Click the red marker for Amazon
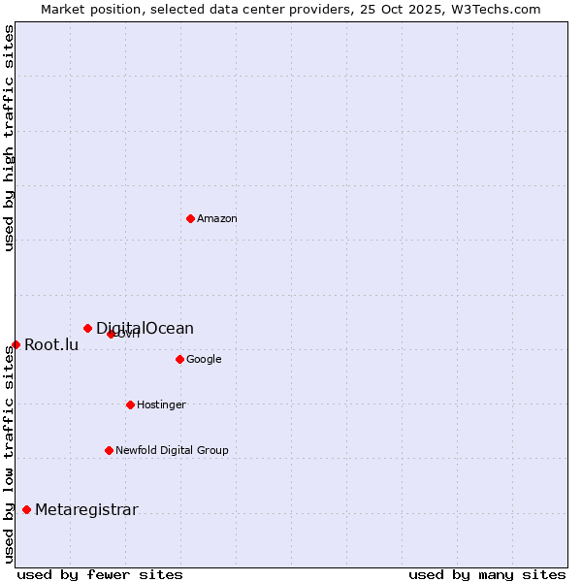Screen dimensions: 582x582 (x=190, y=218)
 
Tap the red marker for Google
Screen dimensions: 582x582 (x=179, y=359)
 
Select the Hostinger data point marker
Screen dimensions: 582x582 (x=130, y=404)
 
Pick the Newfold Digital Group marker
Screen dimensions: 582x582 (x=109, y=450)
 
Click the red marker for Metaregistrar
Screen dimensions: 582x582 (x=26, y=510)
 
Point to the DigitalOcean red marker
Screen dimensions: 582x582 (x=87, y=328)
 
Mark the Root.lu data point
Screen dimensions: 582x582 (x=16, y=344)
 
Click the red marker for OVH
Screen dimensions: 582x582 (x=111, y=334)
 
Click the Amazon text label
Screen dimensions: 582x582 (x=217, y=219)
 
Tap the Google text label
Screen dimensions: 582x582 (x=204, y=360)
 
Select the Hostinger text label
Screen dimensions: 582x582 (x=161, y=405)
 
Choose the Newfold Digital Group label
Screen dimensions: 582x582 (x=172, y=451)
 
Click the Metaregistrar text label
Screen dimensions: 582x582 (x=86, y=510)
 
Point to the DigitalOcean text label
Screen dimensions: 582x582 (x=145, y=329)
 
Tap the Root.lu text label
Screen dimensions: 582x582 (x=51, y=345)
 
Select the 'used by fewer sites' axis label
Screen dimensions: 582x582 (x=100, y=575)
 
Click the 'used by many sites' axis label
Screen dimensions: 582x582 (x=487, y=575)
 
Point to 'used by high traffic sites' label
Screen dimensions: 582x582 (x=9, y=138)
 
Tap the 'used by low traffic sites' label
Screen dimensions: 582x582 (x=9, y=454)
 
